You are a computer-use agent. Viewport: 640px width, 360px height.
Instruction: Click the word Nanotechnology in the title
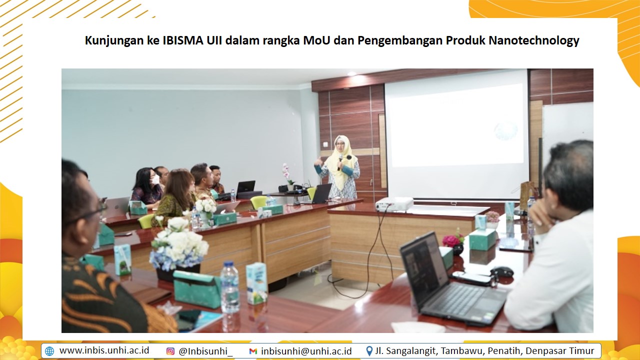pyautogui.click(x=533, y=40)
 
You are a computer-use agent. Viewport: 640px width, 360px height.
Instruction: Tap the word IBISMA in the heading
pyautogui.click(x=183, y=40)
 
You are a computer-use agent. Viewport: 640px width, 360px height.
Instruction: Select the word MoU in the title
pyautogui.click(x=316, y=40)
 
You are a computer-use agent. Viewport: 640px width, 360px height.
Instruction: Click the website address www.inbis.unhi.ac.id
pyautogui.click(x=104, y=350)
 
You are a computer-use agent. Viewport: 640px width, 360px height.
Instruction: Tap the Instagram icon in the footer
pyautogui.click(x=170, y=351)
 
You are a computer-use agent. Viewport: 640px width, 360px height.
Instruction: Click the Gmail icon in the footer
pyautogui.click(x=253, y=351)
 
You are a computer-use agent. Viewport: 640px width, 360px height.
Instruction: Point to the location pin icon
pyautogui.click(x=369, y=351)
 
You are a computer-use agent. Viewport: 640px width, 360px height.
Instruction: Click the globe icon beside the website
pyautogui.click(x=49, y=351)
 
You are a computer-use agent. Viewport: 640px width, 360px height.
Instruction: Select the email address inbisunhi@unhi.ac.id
pyautogui.click(x=306, y=351)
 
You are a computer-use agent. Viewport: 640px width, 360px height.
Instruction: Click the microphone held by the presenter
pyautogui.click(x=340, y=161)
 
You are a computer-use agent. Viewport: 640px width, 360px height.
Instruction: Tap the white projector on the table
pyautogui.click(x=394, y=204)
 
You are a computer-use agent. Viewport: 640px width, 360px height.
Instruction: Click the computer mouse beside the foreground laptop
pyautogui.click(x=501, y=271)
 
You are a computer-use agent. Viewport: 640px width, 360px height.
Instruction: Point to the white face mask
pyautogui.click(x=155, y=179)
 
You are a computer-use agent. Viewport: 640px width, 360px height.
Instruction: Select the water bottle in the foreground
pyautogui.click(x=230, y=287)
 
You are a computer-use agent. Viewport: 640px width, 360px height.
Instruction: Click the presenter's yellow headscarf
pyautogui.click(x=342, y=160)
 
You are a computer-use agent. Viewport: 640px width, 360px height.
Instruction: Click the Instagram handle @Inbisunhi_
pyautogui.click(x=205, y=351)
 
